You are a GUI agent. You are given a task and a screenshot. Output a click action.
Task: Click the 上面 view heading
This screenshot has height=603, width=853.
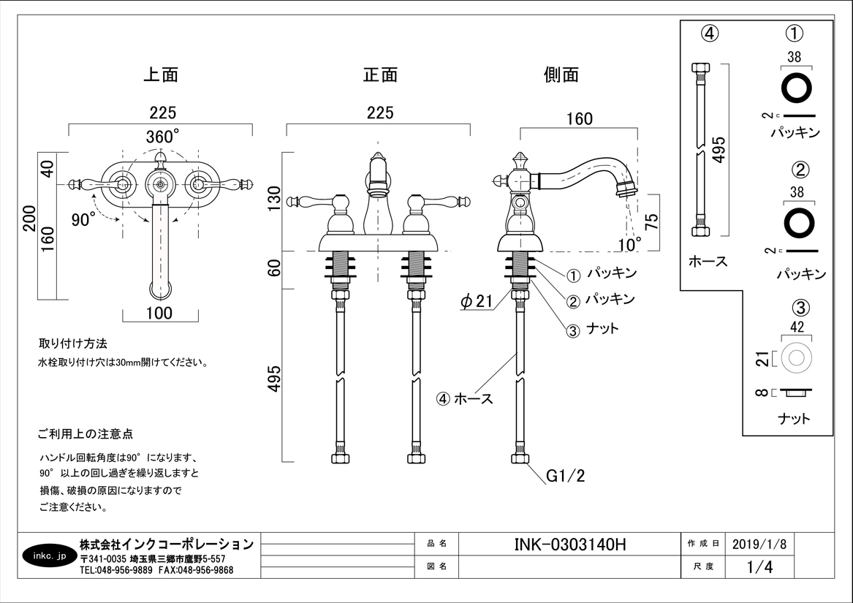click(160, 75)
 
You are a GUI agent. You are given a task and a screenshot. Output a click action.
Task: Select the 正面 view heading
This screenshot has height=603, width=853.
click(380, 75)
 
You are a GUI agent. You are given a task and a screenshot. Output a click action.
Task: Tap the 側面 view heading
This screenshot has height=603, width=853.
click(561, 75)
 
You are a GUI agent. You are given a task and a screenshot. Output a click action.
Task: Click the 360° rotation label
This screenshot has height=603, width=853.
click(162, 137)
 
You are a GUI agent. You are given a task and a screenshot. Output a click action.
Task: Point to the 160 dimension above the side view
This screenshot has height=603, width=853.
click(579, 118)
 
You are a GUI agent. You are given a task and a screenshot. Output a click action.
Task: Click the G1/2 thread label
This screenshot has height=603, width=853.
click(566, 477)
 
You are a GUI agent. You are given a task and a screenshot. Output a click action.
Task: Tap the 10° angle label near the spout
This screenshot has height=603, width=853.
click(629, 242)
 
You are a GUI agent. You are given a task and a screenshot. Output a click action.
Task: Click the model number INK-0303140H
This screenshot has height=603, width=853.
click(571, 545)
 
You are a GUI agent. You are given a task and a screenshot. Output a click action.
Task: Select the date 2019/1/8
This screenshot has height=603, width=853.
click(759, 545)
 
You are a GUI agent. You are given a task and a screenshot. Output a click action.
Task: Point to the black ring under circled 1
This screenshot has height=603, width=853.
click(797, 88)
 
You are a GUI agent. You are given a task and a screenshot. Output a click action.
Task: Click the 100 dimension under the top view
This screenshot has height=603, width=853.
click(159, 314)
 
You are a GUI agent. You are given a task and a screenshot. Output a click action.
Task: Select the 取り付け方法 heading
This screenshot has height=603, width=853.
click(73, 343)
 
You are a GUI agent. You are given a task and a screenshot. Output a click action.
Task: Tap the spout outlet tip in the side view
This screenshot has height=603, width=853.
click(626, 192)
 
